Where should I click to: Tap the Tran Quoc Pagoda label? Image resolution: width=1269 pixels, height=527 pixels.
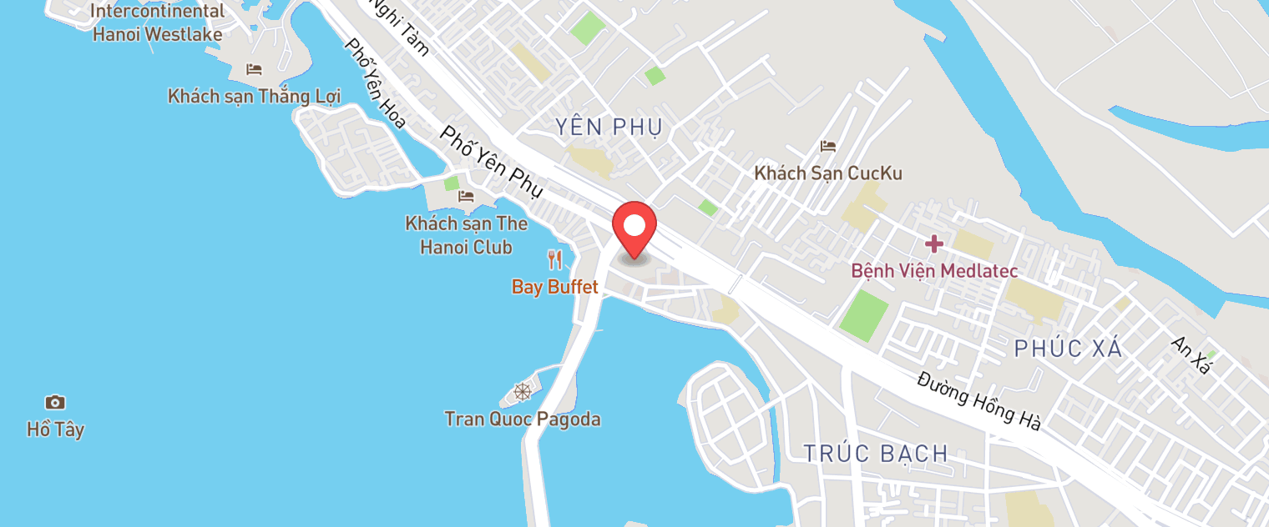(523, 419)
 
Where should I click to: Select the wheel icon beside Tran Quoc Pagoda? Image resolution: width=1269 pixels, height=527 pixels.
(523, 391)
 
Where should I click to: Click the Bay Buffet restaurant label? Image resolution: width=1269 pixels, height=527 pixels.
(555, 288)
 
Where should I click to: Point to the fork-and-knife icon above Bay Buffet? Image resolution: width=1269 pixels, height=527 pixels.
(554, 260)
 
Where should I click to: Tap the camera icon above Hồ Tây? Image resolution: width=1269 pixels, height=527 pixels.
(55, 403)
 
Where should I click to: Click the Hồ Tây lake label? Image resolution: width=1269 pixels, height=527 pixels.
(55, 430)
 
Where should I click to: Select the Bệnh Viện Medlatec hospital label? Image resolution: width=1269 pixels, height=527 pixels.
(933, 271)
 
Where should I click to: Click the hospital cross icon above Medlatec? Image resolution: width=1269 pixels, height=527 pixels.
(933, 244)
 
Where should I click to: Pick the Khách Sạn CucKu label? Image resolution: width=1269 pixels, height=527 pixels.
(828, 173)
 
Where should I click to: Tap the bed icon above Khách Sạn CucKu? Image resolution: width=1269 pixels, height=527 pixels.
(828, 147)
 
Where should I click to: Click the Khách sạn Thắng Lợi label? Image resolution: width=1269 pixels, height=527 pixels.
(254, 96)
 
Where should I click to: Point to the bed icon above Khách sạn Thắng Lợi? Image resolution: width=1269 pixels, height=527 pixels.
(254, 69)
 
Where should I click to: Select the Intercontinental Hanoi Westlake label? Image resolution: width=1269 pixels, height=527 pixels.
(158, 23)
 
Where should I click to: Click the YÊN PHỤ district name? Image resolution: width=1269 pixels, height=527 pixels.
(609, 127)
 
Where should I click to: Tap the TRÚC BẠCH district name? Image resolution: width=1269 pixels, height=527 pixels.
(876, 454)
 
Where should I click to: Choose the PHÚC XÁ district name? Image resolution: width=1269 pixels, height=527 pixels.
(1068, 349)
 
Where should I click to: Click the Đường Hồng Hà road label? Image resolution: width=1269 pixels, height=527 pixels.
(978, 399)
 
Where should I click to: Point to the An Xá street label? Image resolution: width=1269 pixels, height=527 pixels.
(1191, 355)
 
